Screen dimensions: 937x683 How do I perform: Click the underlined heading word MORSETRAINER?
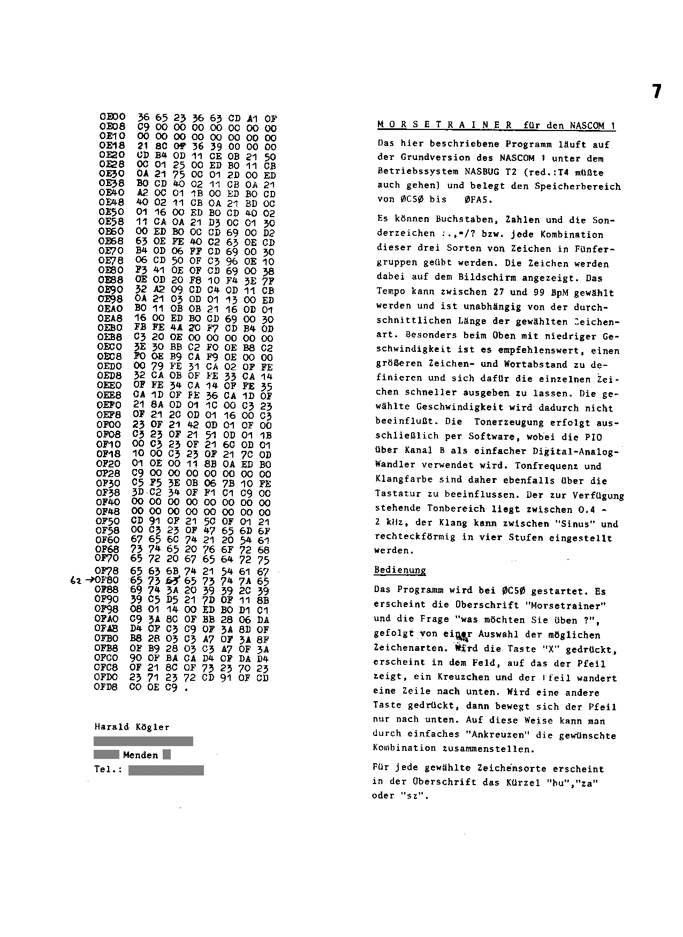click(x=445, y=126)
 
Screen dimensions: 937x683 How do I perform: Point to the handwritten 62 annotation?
click(x=75, y=581)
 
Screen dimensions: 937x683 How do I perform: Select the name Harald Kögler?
click(x=132, y=727)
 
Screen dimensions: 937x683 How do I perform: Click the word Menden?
click(x=141, y=755)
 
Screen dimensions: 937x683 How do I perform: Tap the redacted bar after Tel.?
click(x=166, y=770)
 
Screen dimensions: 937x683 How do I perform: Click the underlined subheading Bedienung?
click(x=399, y=570)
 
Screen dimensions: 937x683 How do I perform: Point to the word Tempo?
click(x=391, y=293)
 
